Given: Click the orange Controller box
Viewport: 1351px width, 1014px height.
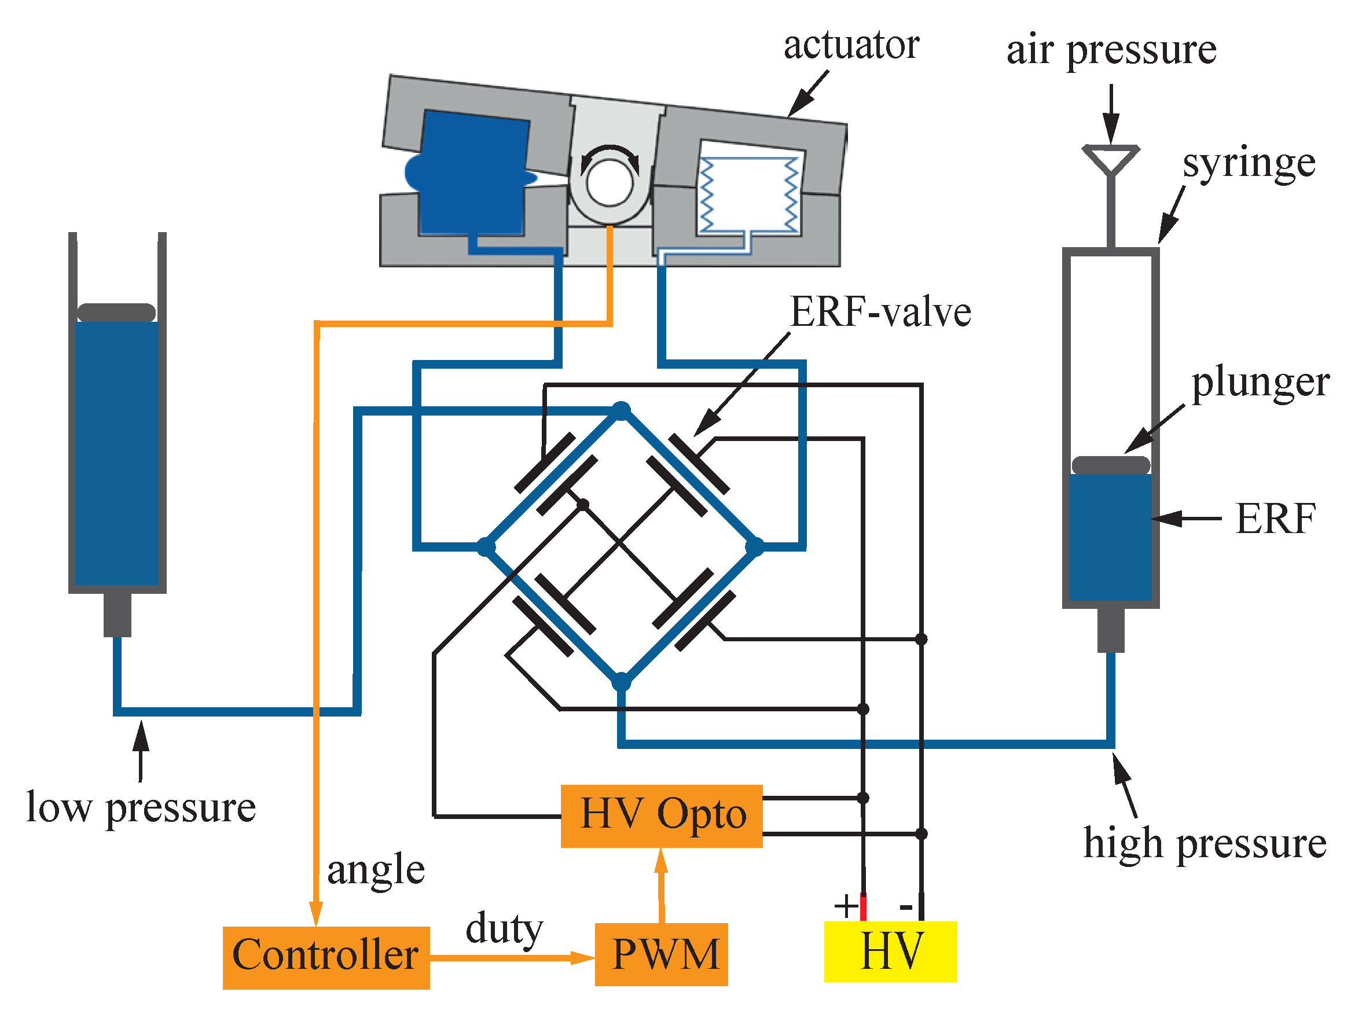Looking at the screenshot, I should [325, 957].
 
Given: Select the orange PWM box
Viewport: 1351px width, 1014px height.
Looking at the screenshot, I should [661, 954].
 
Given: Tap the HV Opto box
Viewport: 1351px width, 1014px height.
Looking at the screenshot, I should [662, 815].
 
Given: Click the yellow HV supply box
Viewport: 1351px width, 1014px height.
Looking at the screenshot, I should [890, 951].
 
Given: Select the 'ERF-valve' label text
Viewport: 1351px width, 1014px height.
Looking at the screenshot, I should [880, 312].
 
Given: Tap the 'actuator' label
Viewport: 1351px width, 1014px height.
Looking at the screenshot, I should [851, 45].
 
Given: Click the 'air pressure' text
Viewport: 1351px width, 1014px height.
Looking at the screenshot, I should [1111, 50].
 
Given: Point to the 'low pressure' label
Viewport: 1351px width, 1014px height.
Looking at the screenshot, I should [141, 807].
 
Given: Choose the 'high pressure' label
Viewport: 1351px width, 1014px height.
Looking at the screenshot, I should [1205, 844].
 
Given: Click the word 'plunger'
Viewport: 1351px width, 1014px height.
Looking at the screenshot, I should [1260, 383].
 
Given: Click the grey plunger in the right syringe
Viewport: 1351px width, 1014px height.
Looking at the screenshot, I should [1110, 465].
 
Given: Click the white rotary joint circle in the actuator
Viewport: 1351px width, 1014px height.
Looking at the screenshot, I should [610, 183].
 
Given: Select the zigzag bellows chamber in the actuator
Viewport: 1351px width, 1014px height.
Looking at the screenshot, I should [750, 194].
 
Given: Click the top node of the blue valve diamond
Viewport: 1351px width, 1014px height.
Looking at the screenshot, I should [621, 410].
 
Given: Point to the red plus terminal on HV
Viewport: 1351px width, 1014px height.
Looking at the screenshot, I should [863, 906].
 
